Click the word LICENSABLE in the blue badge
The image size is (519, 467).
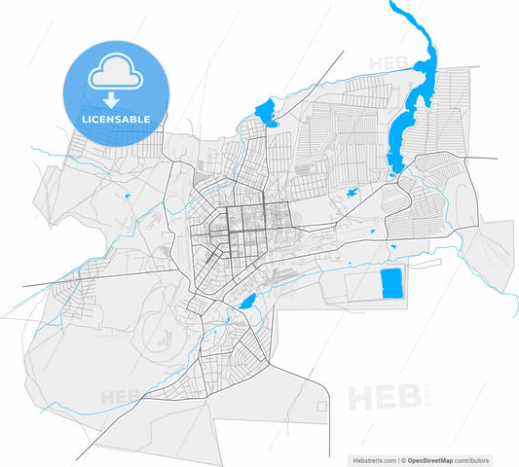point(115,119)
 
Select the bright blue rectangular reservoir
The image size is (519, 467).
point(391,283)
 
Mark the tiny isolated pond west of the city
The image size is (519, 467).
point(127,197)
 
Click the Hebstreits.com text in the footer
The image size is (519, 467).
point(373,459)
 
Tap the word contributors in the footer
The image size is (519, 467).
point(474,459)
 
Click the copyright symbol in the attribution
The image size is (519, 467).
point(403,459)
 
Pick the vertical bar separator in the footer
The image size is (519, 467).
point(396,459)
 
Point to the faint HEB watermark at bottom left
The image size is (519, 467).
point(121,397)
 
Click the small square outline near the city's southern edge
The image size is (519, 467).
point(322,403)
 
